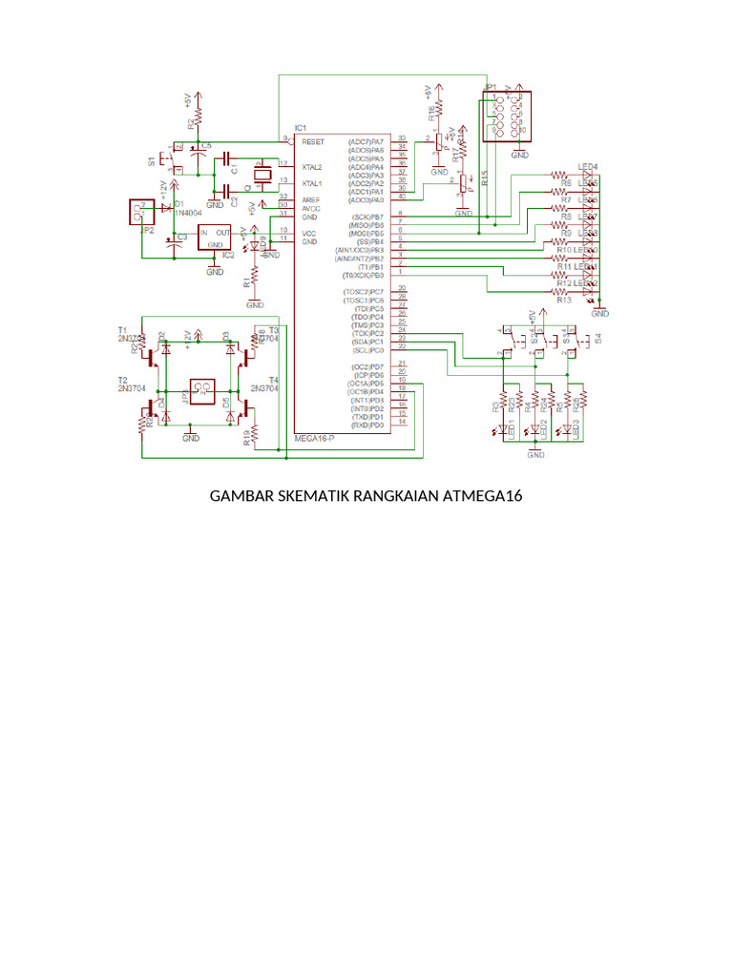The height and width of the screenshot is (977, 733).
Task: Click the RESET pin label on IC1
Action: pos(313,141)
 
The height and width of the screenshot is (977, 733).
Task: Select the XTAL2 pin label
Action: pos(312,167)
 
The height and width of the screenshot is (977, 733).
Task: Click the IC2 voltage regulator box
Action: pos(214,237)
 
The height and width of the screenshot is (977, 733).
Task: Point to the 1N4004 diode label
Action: pos(189,214)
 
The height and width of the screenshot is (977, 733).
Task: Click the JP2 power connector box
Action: pos(141,212)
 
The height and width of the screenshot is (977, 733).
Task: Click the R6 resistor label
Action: pos(566,183)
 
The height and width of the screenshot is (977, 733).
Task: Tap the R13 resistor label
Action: pos(563,300)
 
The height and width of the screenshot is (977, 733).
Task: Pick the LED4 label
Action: pos(587,166)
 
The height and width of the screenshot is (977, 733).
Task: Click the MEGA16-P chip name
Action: pos(314,437)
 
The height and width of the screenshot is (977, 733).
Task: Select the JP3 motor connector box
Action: pos(202,389)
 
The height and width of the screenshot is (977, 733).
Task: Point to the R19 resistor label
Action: pos(246,438)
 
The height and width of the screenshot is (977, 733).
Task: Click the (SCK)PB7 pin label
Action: pos(366,217)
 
